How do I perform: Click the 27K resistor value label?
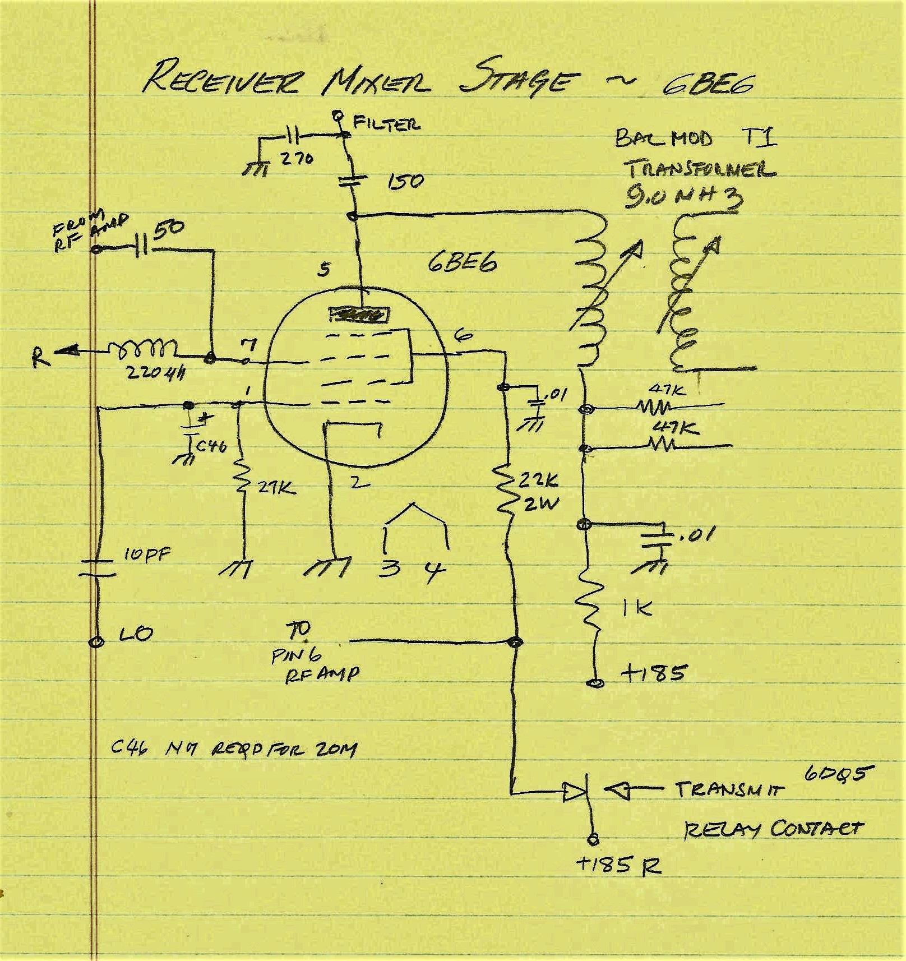point(276,488)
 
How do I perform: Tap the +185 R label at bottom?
point(618,866)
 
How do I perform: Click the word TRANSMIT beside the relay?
point(729,789)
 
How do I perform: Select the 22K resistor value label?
point(537,481)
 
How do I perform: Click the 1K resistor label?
point(637,609)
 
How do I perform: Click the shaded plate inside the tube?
point(359,315)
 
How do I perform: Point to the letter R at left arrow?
point(40,357)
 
